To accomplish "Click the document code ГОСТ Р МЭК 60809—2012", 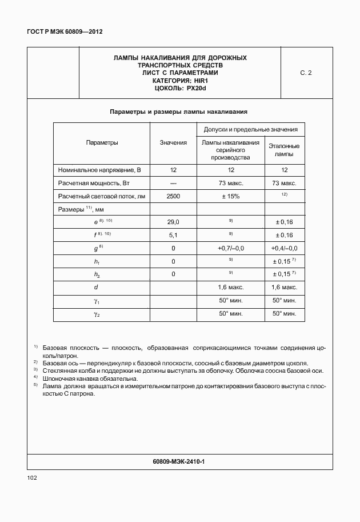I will point(60,32).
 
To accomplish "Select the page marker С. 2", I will point(306,73).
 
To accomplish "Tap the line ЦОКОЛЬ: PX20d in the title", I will point(180,88).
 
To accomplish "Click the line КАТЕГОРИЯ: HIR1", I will point(180,81).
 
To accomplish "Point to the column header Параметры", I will point(102,142).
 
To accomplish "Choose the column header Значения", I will point(173,142).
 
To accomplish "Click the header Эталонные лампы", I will point(284,150).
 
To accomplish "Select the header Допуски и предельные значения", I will point(250,130).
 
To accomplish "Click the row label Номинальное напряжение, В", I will point(100,170).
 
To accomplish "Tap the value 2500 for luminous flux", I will point(173,196).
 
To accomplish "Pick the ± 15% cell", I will point(230,196).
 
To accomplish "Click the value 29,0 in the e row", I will point(173,222).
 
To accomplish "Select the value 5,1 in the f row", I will point(173,235).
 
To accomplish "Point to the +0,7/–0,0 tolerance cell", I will point(230,248).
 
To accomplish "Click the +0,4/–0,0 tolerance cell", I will point(284,248).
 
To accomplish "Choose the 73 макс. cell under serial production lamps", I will point(230,183).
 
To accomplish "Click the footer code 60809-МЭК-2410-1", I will point(179,461).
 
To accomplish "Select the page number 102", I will point(32,477).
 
